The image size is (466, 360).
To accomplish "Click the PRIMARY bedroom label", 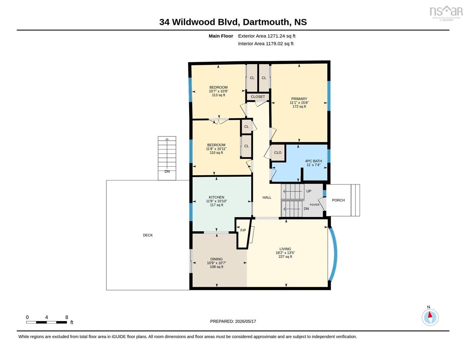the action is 299,99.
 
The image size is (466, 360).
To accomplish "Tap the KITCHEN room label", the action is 216,197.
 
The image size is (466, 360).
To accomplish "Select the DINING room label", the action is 216,259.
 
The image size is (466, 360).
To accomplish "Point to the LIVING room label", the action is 285,249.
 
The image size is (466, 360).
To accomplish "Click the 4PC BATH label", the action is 313,161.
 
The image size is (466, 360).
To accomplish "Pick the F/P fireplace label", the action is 243,230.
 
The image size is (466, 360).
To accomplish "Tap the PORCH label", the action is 338,200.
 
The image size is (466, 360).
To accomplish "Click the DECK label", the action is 148,235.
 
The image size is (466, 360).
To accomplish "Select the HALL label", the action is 267,197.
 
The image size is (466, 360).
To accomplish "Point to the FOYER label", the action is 315,205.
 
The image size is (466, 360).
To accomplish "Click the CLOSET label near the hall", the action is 258,97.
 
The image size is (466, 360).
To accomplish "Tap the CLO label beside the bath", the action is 278,153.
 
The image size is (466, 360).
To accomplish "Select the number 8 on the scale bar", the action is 67,317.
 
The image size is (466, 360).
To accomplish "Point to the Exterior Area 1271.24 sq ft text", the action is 266,36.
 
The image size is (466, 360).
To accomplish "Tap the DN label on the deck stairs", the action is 167,172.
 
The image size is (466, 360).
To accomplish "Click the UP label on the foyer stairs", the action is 309,191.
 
